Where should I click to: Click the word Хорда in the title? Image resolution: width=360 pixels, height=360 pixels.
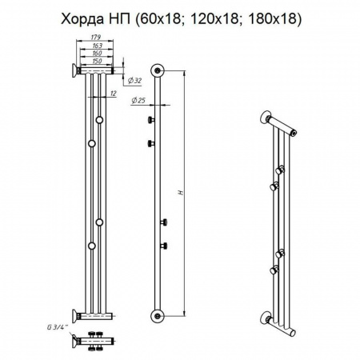(x=82, y=19)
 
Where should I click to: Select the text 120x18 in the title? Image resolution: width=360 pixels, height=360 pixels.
(x=215, y=19)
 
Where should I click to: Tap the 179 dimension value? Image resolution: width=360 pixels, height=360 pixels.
(x=95, y=37)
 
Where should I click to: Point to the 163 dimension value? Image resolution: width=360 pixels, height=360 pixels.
(x=97, y=46)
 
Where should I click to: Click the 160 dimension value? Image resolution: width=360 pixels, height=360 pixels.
(x=97, y=53)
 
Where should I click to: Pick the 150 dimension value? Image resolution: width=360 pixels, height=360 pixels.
(x=97, y=61)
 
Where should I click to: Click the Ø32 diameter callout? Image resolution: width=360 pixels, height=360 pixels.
(x=134, y=80)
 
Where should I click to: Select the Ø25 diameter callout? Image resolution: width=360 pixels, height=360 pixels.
(x=138, y=100)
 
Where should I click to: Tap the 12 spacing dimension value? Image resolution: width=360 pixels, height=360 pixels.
(x=114, y=94)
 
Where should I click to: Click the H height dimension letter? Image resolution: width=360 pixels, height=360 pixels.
(x=182, y=192)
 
